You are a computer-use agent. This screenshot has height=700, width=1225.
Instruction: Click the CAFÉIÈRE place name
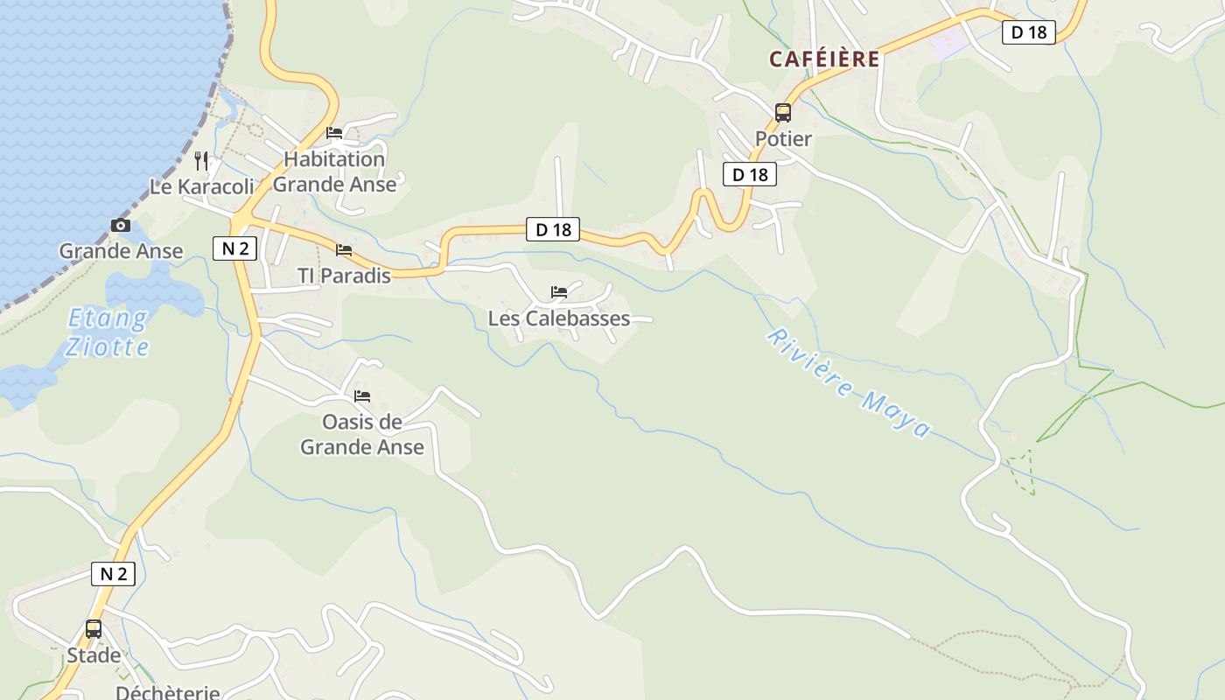(823, 59)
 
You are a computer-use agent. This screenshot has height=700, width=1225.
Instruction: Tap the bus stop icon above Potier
(782, 113)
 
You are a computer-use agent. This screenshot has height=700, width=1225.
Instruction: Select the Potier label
(783, 139)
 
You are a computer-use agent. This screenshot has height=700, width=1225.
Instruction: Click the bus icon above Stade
(93, 629)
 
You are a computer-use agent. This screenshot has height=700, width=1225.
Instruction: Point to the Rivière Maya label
(848, 383)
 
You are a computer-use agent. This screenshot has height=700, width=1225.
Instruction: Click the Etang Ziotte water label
(108, 332)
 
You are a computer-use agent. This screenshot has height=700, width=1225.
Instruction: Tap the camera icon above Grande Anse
(121, 226)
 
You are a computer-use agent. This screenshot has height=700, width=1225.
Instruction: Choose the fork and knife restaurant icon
(201, 160)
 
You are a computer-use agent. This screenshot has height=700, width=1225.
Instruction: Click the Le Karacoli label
(202, 186)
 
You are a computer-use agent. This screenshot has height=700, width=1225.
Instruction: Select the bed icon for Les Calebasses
(559, 291)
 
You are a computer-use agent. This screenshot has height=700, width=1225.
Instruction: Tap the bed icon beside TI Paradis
(344, 250)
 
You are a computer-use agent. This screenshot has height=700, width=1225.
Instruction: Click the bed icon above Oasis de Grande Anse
(362, 396)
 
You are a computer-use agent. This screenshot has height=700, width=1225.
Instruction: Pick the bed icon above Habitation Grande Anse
(334, 133)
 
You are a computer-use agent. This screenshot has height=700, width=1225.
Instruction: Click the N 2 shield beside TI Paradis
(234, 248)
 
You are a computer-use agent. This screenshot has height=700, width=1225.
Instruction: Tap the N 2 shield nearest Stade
(114, 574)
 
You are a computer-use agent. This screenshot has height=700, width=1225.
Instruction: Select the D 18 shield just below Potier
(750, 174)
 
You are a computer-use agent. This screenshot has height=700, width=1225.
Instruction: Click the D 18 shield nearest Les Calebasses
(553, 229)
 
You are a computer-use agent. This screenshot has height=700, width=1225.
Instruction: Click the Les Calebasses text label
(559, 318)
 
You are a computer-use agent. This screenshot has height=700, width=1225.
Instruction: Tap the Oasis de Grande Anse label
(362, 434)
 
